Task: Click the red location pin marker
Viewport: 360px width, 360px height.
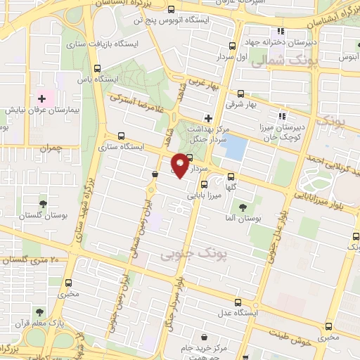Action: coord(180,165)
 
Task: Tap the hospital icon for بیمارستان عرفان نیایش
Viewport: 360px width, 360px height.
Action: coord(41,98)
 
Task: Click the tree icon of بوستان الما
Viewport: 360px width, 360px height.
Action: coord(243,207)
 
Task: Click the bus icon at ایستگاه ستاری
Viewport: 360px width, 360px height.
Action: coord(122,136)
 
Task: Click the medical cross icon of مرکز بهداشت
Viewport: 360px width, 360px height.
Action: coord(207,117)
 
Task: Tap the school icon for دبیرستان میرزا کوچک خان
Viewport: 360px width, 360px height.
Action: coord(282,116)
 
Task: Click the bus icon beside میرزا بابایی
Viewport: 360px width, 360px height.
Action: coord(204,184)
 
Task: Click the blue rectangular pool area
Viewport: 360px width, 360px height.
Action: coord(236,147)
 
